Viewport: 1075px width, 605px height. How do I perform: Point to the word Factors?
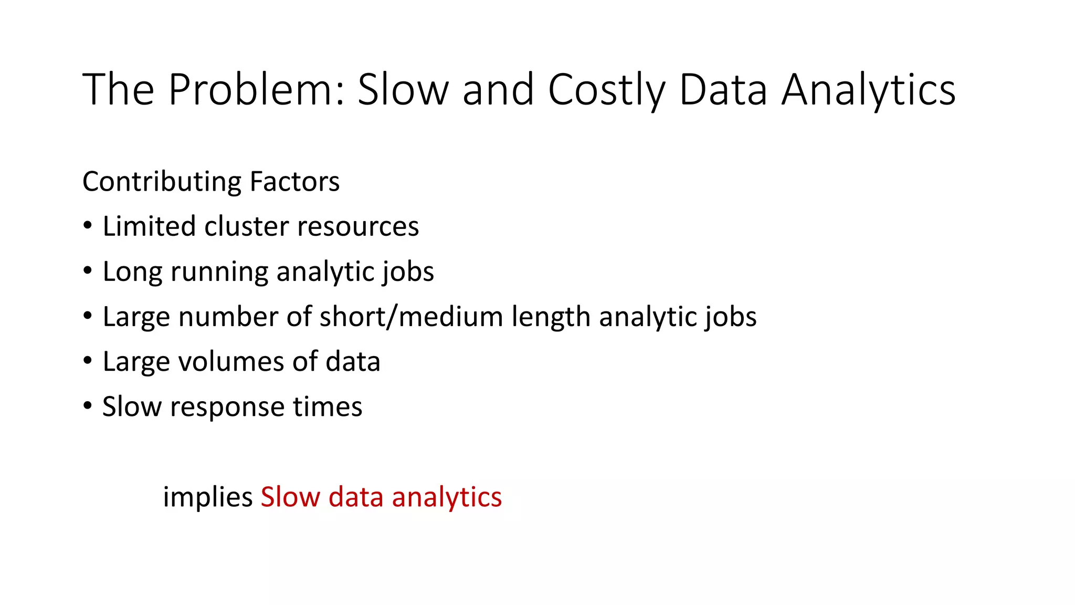[x=294, y=182]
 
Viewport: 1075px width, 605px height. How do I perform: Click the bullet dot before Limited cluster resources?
[x=88, y=226]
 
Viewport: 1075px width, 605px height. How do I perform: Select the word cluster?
[x=246, y=226]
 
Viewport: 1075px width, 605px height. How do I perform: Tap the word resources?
[x=358, y=227]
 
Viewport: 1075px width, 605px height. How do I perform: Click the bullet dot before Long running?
[x=88, y=271]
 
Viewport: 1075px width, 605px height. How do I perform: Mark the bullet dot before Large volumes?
[x=88, y=361]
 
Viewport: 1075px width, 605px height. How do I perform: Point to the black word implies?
[x=208, y=497]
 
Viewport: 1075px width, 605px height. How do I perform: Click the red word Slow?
[x=290, y=497]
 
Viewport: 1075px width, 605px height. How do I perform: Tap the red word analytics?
[x=447, y=498]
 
